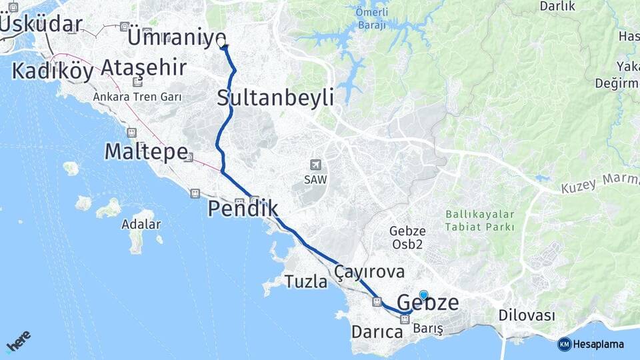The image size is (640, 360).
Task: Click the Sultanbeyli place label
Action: [x=275, y=98]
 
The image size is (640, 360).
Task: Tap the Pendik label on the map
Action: [x=243, y=209]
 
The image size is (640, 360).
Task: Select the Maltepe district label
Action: [x=146, y=151]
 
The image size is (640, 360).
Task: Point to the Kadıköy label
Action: [x=53, y=71]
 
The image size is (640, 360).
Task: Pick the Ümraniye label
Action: [x=176, y=37]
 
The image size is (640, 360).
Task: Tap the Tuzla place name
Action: [x=306, y=281]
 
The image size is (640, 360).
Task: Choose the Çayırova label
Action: [x=370, y=271]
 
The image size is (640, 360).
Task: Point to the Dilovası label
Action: [x=527, y=315]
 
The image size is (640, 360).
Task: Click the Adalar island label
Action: [x=141, y=224]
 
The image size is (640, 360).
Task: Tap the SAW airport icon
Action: [x=315, y=164]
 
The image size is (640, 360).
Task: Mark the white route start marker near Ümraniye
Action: [x=222, y=44]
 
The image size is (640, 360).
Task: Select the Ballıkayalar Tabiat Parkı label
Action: [x=480, y=221]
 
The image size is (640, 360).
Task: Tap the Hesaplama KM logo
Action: [x=591, y=344]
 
